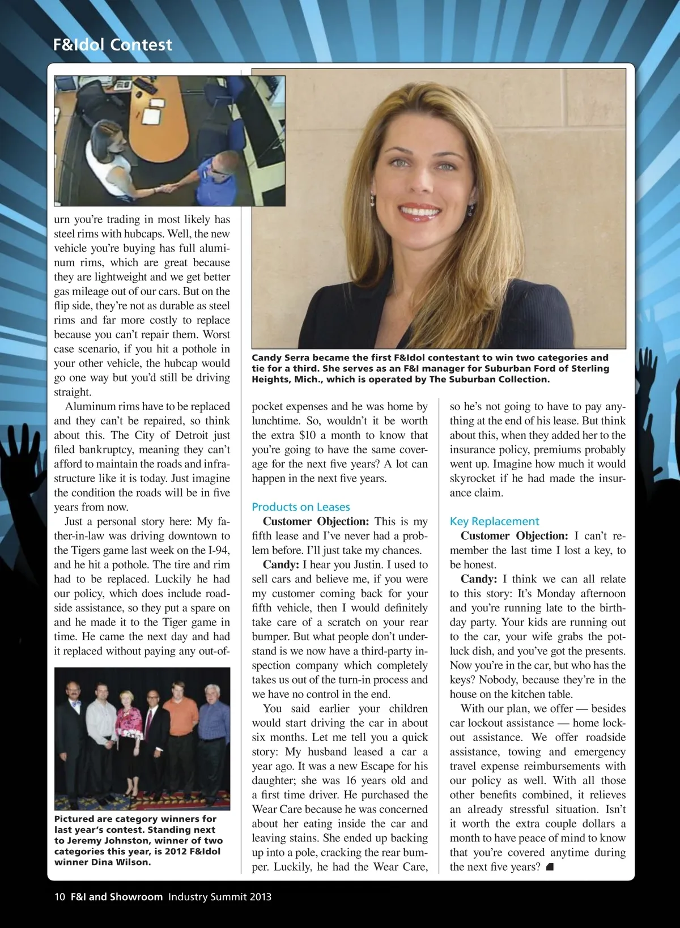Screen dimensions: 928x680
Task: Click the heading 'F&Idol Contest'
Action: tap(112, 45)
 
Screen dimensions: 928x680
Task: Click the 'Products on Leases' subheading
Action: tap(301, 507)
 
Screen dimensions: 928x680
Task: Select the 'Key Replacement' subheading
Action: tap(494, 521)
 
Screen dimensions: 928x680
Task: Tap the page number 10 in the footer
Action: tap(59, 897)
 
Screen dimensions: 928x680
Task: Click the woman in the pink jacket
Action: tap(128, 731)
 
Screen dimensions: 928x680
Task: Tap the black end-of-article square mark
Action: tap(549, 867)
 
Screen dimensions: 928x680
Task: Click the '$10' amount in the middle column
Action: tap(308, 435)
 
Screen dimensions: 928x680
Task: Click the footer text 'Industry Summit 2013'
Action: tap(220, 897)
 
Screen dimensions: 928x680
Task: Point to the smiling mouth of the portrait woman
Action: tap(420, 213)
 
